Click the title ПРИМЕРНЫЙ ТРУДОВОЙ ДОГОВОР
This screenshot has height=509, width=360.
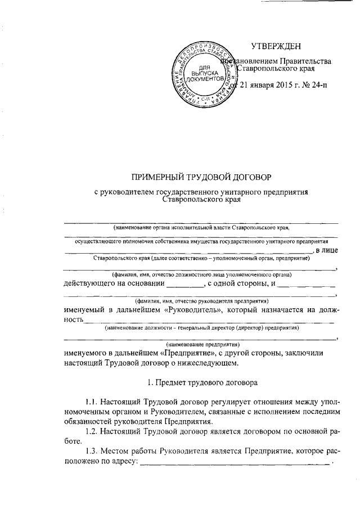[201, 177]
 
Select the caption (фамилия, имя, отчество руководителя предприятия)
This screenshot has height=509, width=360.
[201, 300]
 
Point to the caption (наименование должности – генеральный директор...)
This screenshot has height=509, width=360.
[201, 327]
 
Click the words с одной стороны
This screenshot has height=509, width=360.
[236, 283]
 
